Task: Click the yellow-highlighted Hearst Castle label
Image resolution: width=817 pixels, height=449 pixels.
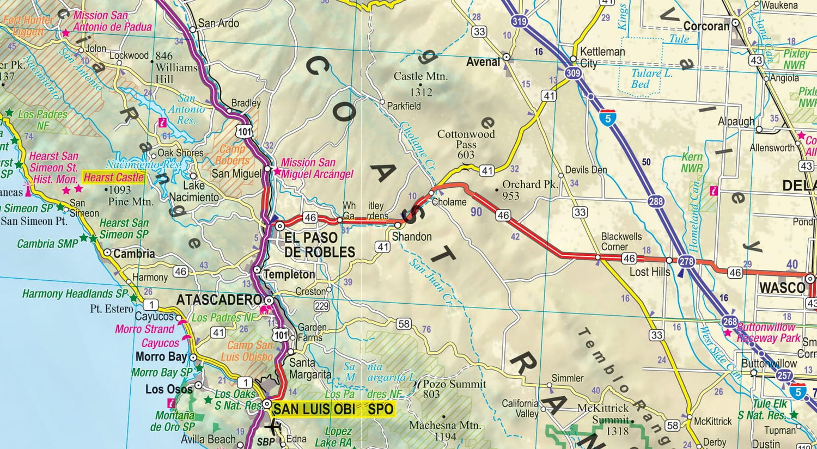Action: (113, 177)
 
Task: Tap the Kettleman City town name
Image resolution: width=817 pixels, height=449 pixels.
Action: (602, 57)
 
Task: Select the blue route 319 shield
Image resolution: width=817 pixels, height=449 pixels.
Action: (519, 21)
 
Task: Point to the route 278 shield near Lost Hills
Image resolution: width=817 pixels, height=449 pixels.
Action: (686, 262)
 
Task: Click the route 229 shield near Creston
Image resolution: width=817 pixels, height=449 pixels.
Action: (321, 306)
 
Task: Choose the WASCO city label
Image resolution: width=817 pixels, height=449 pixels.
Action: (782, 287)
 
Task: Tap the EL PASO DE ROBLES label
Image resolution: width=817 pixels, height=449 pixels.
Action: (319, 245)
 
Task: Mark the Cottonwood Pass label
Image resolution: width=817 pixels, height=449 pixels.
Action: (466, 144)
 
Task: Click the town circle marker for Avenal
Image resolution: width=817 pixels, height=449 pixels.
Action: (506, 57)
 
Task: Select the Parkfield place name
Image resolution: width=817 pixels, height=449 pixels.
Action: (404, 106)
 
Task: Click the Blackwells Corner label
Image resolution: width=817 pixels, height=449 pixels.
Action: (621, 241)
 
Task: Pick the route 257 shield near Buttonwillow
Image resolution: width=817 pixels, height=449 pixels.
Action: (784, 375)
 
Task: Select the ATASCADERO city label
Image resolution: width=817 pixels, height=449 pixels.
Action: (219, 300)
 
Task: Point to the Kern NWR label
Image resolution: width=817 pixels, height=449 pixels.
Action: (692, 162)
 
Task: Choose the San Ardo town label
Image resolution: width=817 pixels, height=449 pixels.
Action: (218, 23)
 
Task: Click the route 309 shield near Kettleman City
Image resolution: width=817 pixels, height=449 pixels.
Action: (573, 73)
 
